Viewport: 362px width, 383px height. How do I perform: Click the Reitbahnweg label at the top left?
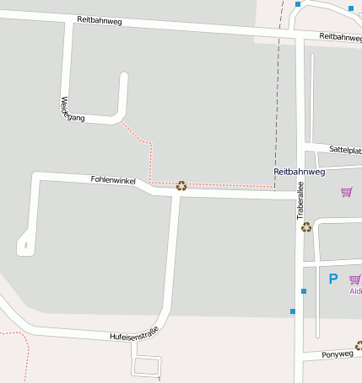pyautogui.click(x=99, y=20)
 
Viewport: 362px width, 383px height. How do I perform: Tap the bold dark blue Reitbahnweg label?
pyautogui.click(x=299, y=172)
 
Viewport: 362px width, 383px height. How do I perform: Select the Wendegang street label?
pyautogui.click(x=72, y=109)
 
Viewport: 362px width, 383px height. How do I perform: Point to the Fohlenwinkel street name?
pyautogui.click(x=113, y=180)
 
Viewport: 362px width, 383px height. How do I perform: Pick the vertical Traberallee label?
pyautogui.click(x=300, y=203)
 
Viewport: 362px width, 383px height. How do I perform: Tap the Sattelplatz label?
pyautogui.click(x=345, y=149)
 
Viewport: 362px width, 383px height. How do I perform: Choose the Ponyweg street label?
pyautogui.click(x=338, y=354)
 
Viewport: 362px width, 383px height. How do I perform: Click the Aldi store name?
pyautogui.click(x=355, y=291)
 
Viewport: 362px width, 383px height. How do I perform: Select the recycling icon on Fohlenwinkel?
pyautogui.click(x=181, y=186)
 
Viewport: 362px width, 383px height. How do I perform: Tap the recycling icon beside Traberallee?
pyautogui.click(x=306, y=226)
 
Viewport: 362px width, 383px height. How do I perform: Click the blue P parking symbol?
pyautogui.click(x=332, y=279)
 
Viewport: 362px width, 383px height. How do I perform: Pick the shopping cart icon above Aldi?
pyautogui.click(x=354, y=279)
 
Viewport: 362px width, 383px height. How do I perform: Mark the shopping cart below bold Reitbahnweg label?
pyautogui.click(x=346, y=192)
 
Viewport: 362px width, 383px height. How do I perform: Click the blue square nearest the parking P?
pyautogui.click(x=304, y=291)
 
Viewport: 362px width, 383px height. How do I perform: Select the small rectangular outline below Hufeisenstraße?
pyautogui.click(x=147, y=366)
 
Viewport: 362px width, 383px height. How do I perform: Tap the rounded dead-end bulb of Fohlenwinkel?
pyautogui.click(x=24, y=245)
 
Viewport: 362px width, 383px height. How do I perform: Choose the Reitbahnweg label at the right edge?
pyautogui.click(x=342, y=38)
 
